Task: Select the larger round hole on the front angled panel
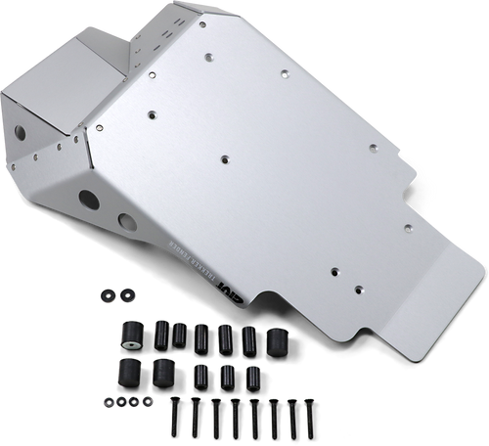click(92, 201)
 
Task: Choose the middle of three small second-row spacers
click(227, 374)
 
